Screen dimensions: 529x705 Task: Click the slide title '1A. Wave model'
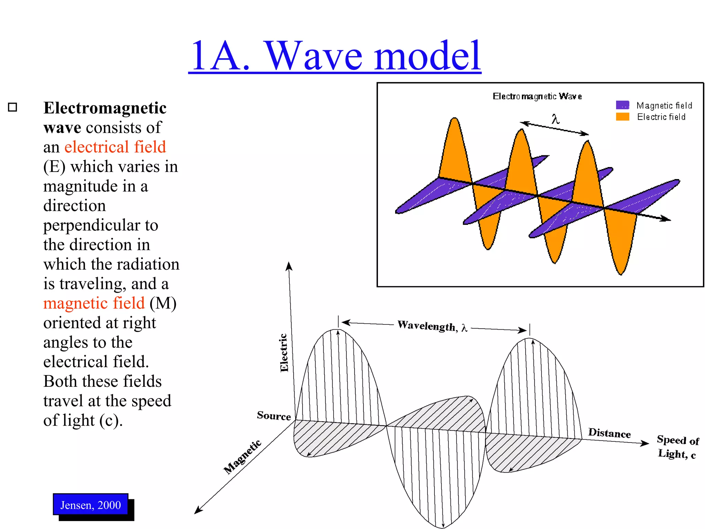click(335, 56)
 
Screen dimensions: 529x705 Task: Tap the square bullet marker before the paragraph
click(12, 107)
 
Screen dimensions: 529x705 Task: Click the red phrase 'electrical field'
click(115, 147)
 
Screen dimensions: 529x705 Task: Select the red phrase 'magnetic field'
click(94, 303)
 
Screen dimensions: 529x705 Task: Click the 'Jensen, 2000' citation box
click(91, 505)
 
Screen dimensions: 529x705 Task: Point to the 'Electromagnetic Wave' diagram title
click(537, 96)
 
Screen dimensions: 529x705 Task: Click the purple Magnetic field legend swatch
click(622, 105)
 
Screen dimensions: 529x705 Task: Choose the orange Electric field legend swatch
click(622, 117)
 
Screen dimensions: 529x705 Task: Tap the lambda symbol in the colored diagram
click(555, 119)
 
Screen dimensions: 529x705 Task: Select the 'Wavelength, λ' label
click(432, 326)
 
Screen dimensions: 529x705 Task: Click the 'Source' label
click(274, 416)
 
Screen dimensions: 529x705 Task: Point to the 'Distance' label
click(609, 433)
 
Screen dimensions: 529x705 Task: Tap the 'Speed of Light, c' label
click(677, 447)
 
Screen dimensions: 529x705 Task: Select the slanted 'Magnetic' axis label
click(242, 457)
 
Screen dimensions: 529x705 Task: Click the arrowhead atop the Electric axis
click(289, 266)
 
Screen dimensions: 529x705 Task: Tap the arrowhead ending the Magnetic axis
click(198, 510)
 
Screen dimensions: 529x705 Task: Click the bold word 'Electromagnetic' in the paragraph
click(105, 108)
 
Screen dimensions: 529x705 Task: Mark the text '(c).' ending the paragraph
click(111, 421)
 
